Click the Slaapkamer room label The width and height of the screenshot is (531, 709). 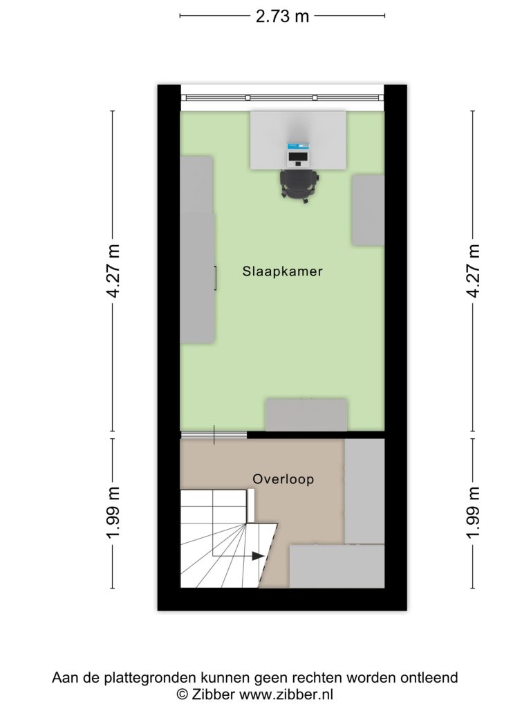click(x=282, y=271)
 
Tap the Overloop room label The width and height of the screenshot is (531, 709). click(x=283, y=479)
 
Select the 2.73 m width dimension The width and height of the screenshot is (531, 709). click(x=282, y=17)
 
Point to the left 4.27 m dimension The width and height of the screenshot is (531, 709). click(x=113, y=271)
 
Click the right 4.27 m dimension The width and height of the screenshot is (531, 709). click(x=473, y=271)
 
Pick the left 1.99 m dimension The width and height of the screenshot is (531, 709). click(x=113, y=513)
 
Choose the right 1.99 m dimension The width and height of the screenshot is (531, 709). click(x=473, y=513)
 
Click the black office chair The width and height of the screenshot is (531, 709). click(x=299, y=184)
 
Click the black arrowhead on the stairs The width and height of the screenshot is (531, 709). click(x=258, y=556)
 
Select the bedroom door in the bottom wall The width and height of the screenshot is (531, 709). click(x=214, y=435)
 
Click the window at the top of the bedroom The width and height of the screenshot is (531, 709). click(x=282, y=98)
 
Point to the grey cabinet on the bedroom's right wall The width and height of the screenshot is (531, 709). click(x=368, y=210)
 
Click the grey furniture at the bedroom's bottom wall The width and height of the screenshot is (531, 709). click(x=306, y=415)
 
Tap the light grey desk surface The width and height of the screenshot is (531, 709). click(x=299, y=140)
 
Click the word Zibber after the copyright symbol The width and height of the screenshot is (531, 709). click(x=213, y=694)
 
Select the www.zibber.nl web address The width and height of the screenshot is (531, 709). click(x=286, y=694)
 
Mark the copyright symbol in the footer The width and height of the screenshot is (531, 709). click(x=183, y=694)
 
